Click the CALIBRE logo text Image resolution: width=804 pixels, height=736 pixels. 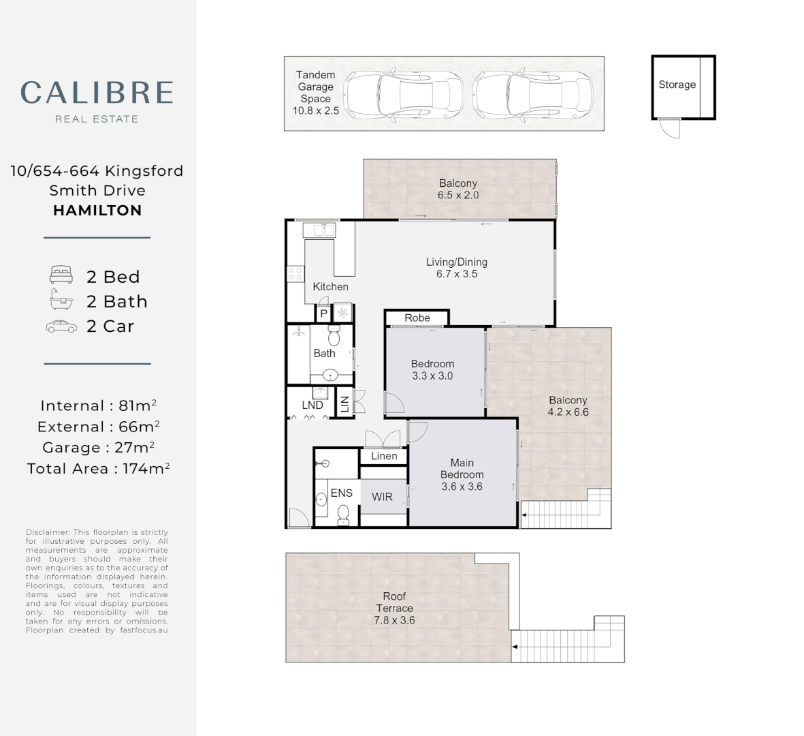tap(97, 93)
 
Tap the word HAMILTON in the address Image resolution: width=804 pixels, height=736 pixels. tap(97, 211)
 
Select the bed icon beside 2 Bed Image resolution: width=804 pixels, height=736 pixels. tap(61, 275)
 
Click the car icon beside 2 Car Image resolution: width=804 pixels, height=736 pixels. tap(61, 326)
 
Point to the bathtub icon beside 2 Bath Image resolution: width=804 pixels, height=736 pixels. tap(61, 299)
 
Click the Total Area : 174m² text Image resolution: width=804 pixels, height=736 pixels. tap(99, 469)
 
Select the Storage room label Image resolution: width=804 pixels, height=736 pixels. tap(677, 85)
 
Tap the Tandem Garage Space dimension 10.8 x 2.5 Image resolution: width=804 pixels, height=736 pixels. tap(316, 110)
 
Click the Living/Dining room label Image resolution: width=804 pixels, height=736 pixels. tap(457, 262)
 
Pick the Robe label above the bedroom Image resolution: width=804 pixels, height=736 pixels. tap(417, 318)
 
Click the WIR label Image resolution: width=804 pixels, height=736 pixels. tap(382, 497)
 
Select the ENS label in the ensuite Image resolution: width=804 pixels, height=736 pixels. tap(342, 493)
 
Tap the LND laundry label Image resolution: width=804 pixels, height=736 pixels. tap(312, 405)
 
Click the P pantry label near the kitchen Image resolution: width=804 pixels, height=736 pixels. tap(323, 313)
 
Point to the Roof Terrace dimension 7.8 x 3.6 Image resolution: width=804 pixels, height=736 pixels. tap(394, 621)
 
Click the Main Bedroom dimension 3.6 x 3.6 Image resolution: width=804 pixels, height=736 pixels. tap(462, 487)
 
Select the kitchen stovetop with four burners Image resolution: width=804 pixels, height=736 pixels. tap(295, 273)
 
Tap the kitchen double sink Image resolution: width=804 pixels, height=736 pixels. tap(319, 230)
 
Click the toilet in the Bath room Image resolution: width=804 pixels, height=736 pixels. tap(334, 335)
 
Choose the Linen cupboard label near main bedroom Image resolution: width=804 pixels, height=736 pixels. tap(384, 457)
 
